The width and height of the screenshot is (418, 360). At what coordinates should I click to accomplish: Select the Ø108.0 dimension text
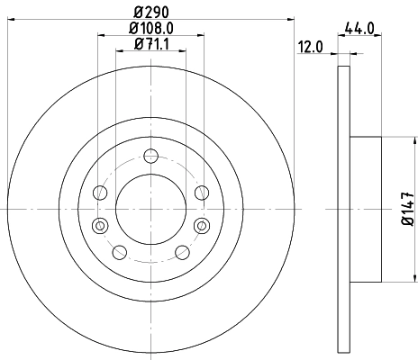coord(151,30)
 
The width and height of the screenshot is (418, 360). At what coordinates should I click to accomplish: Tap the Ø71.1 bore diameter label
coord(151,44)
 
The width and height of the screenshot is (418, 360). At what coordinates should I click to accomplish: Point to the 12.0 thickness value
coord(312,47)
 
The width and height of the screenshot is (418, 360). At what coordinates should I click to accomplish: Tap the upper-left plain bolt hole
coord(100,193)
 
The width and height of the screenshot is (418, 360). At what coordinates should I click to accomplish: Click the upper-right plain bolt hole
coord(202,193)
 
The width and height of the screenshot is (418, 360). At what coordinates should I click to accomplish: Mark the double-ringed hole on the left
coord(100,224)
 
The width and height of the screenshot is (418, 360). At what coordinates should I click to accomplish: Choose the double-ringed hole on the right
coord(202,224)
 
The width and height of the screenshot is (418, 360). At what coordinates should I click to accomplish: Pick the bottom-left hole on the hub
coord(120,252)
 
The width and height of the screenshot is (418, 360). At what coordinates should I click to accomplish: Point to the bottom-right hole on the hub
coord(182,252)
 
